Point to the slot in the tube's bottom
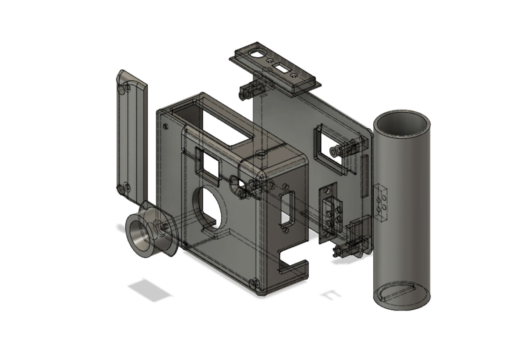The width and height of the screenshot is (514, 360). click(x=398, y=292)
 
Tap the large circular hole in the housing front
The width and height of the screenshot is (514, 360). click(x=208, y=208)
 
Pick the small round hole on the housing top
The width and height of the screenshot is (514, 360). click(x=261, y=152)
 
